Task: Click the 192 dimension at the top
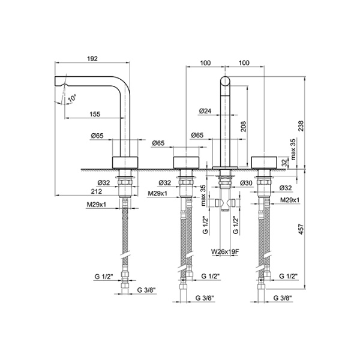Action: point(93,59)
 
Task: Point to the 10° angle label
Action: point(72,97)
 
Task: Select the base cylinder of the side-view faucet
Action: point(126,161)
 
